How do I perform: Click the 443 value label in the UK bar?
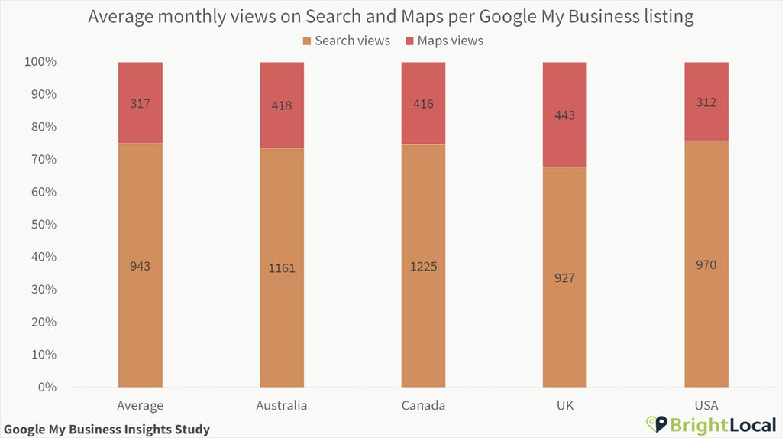pos(565,115)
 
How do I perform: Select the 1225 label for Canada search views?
pos(423,267)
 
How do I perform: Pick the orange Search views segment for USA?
pos(706,321)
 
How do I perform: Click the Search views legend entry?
pos(346,41)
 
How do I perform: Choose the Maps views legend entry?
pos(443,41)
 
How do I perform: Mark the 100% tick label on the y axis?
pos(38,62)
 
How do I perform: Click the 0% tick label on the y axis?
pos(46,388)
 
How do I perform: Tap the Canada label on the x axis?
pos(423,406)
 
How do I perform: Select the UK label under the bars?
pos(565,406)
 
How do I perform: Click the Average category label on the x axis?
pos(140,406)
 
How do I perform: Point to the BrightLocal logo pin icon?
pos(653,423)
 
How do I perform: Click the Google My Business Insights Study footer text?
pos(107,430)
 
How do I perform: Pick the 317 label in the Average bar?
pos(141,104)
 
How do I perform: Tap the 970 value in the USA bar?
pos(706,264)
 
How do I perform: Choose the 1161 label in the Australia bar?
pos(282,268)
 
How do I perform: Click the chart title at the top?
pos(391,16)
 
